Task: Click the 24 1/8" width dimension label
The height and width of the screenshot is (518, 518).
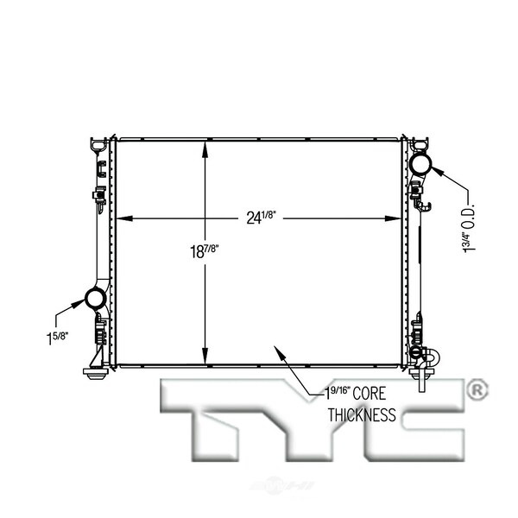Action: (261, 218)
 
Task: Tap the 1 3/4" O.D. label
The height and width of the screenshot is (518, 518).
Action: (469, 228)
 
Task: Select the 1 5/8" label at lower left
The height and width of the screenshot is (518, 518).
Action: (57, 338)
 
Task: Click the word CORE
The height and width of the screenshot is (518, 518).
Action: (369, 394)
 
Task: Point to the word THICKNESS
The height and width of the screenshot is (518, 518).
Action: (362, 415)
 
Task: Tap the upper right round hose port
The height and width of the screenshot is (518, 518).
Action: (421, 163)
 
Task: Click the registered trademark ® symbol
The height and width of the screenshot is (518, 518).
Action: (477, 390)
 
